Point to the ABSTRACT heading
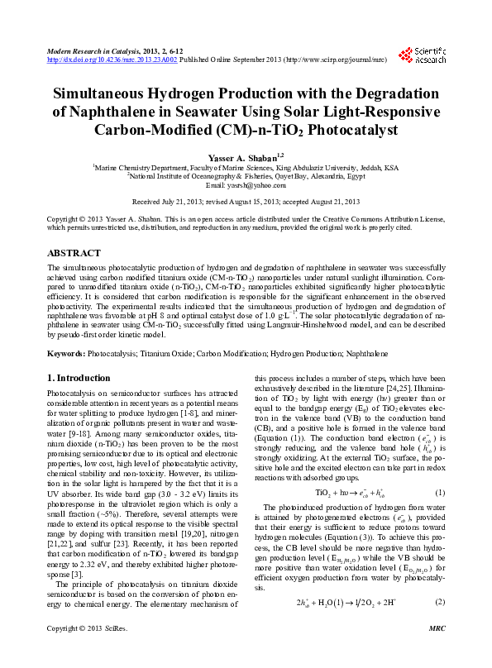pos(74,253)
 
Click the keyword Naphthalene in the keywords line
pos(342,353)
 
